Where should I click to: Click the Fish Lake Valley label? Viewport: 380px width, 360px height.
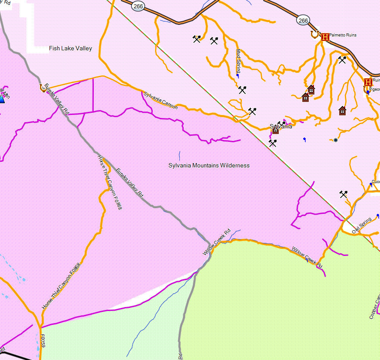coord(70,49)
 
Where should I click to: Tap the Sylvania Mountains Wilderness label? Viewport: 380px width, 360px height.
coord(209,165)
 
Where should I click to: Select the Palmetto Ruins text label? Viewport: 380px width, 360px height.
coord(343,35)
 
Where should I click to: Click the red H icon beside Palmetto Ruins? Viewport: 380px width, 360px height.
coord(325,37)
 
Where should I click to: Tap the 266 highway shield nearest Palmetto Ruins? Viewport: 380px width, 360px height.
coord(303,20)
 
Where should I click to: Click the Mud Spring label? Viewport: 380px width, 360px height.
coord(238,61)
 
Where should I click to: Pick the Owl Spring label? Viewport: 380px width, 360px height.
coord(362,226)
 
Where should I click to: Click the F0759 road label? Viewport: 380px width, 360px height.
coord(43,340)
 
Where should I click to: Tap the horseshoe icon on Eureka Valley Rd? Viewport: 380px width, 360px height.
coord(43,88)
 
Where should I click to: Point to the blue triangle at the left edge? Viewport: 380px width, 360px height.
coord(1,99)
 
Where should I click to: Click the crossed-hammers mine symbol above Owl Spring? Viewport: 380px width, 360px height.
coord(344,194)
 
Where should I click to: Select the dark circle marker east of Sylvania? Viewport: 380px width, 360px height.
coord(335,140)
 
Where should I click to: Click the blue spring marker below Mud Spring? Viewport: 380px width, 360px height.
coord(237,76)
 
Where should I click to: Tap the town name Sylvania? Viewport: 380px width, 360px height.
coord(281,127)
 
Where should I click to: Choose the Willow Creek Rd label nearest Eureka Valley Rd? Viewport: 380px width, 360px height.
coord(216,242)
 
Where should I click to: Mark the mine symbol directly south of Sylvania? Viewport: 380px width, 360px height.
coord(272,143)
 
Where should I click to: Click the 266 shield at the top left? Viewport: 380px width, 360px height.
coord(138,6)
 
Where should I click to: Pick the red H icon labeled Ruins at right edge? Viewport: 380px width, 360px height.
coord(368,82)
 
